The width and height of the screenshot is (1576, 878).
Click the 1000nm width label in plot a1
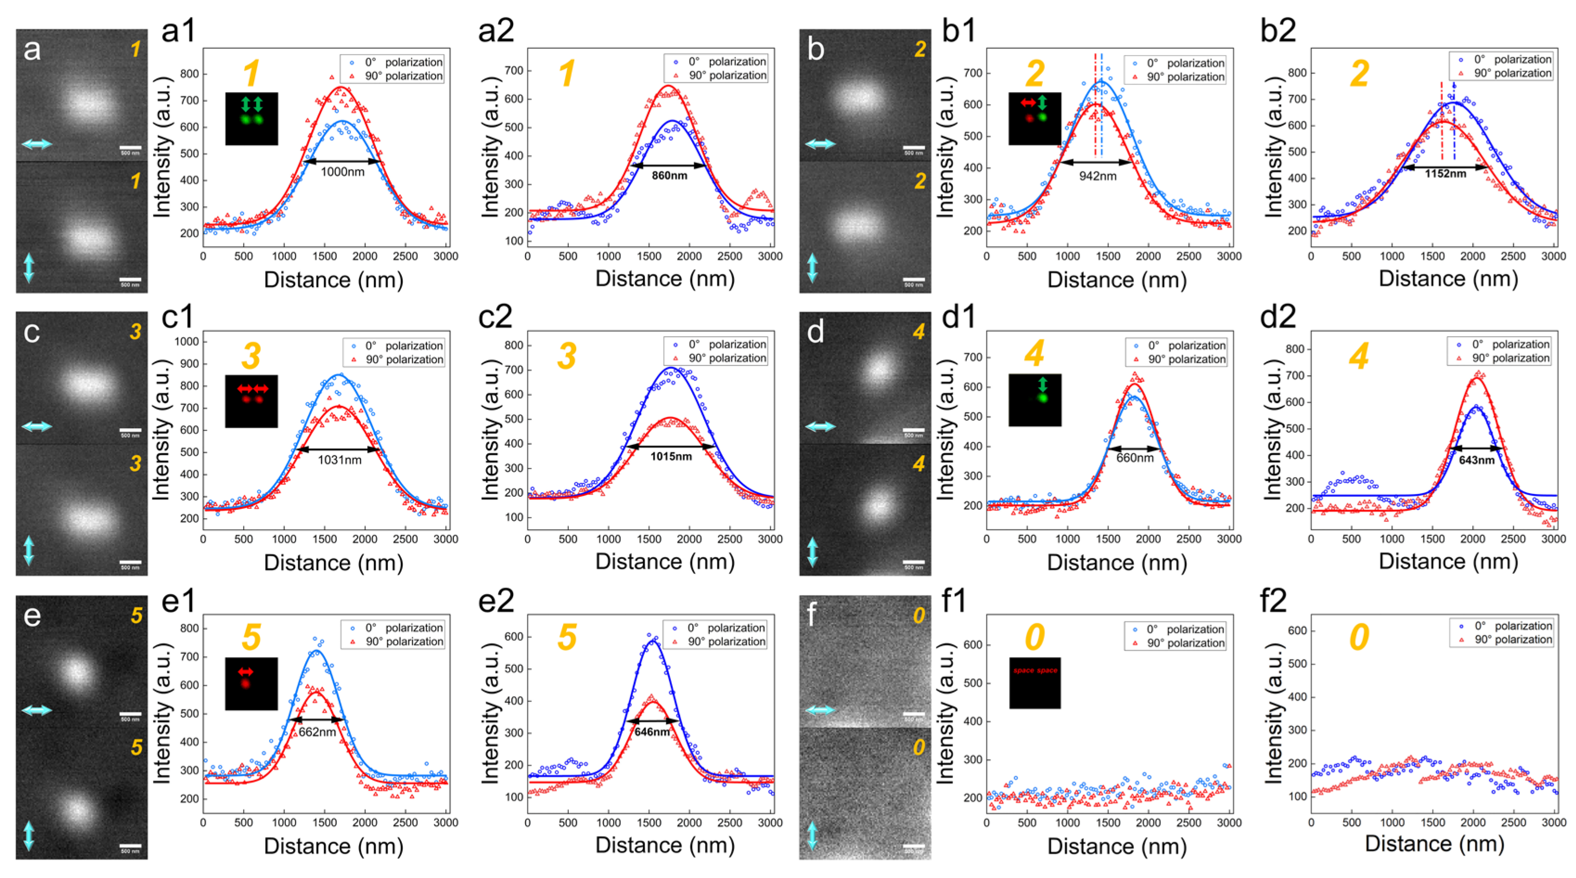pyautogui.click(x=342, y=172)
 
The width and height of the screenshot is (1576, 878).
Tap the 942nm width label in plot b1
pyautogui.click(x=1097, y=176)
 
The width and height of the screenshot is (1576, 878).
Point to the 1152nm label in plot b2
pyautogui.click(x=1445, y=174)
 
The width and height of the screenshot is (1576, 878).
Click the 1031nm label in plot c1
pyautogui.click(x=339, y=460)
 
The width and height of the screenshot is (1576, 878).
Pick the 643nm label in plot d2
pyautogui.click(x=1476, y=460)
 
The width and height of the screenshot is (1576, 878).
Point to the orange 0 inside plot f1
pyautogui.click(x=1034, y=637)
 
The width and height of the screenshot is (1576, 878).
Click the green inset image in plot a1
pyautogui.click(x=251, y=119)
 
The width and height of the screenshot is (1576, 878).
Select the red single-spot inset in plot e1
pyautogui.click(x=251, y=684)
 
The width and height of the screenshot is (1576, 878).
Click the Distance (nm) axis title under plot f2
pyautogui.click(x=1434, y=844)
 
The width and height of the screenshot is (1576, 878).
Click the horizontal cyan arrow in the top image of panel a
pyautogui.click(x=37, y=144)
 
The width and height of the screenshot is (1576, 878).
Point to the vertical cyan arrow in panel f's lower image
pyautogui.click(x=812, y=836)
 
